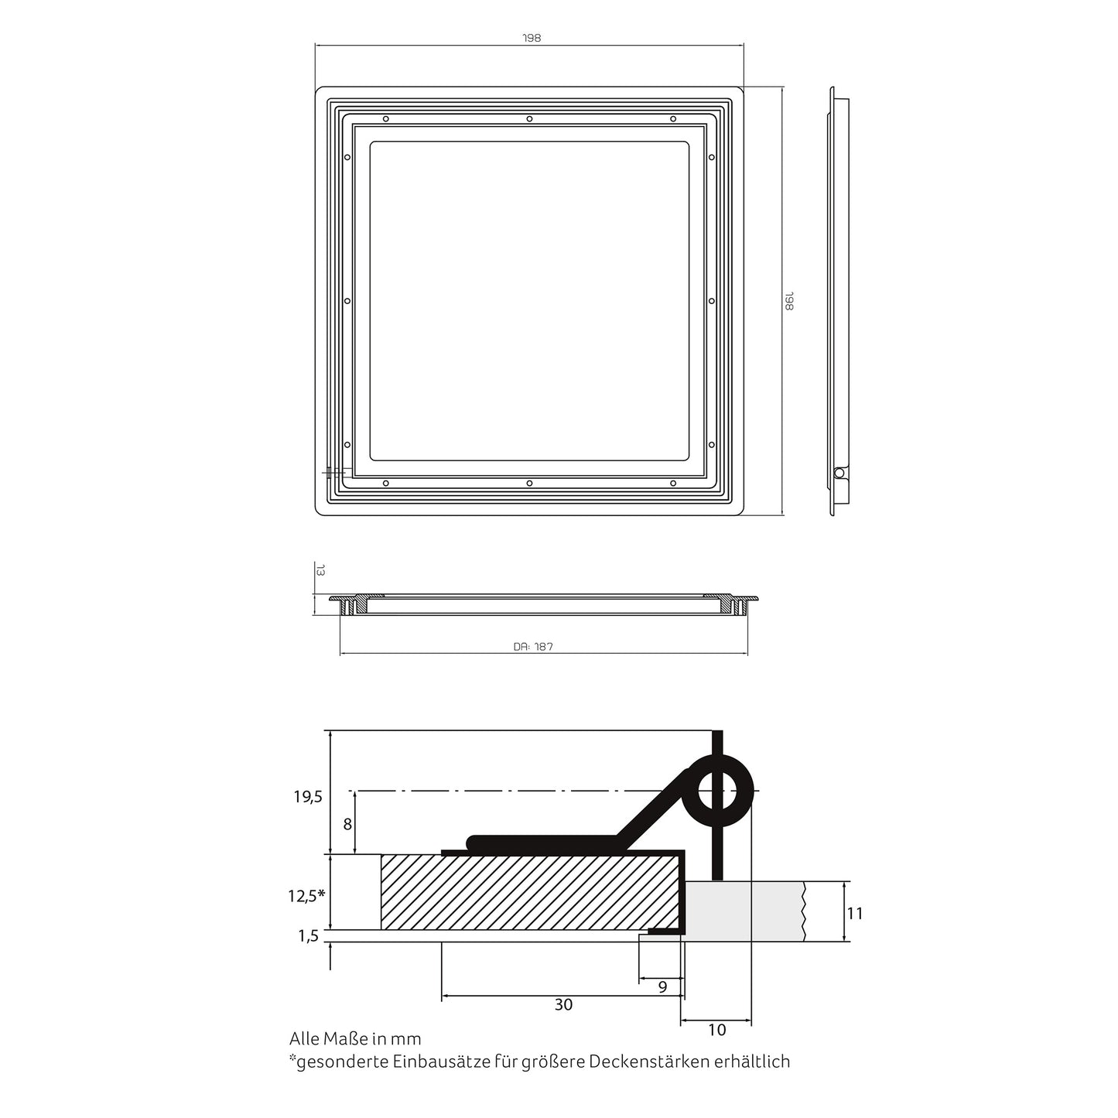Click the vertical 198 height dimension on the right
coord(789,301)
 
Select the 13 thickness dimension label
coord(320,570)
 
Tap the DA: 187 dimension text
coord(533,647)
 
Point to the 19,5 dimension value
coord(307,797)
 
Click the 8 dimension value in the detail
coord(347,824)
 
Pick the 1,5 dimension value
coord(308,936)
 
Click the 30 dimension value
coord(563,1005)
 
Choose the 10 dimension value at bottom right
coord(717,1030)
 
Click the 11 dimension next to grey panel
coord(854,914)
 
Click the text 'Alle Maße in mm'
coord(355,1038)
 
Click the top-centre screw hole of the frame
coord(529,118)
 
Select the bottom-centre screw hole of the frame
coord(529,483)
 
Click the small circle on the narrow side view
coord(839,473)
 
